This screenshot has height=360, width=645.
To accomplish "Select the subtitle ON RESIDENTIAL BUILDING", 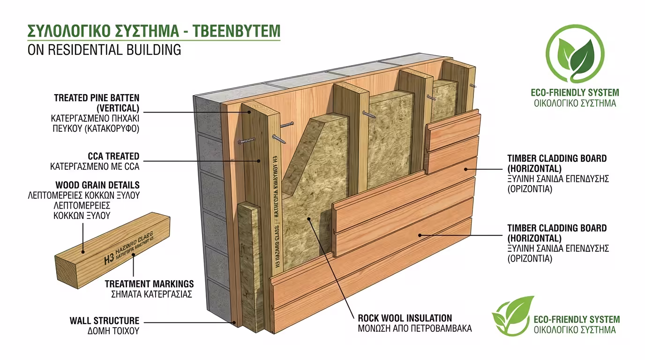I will point(104,49).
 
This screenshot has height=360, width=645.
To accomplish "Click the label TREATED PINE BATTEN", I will point(97,98).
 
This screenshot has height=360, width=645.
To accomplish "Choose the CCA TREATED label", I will point(113,156).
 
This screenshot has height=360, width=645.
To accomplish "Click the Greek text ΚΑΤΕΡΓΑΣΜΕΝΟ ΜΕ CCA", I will point(95,166).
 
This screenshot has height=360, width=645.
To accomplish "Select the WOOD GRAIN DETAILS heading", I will point(97,185).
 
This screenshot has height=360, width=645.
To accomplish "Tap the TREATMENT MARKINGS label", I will point(149,284).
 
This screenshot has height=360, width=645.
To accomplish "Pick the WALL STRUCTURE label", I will point(105,321).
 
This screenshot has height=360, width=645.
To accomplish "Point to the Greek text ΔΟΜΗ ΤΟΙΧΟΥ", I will point(113,331).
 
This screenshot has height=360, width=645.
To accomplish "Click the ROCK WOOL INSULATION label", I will point(405,318).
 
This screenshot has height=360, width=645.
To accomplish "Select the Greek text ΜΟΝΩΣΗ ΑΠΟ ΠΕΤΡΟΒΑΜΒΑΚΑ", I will point(414,329).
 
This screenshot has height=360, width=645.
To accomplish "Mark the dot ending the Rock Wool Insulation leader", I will point(309,218).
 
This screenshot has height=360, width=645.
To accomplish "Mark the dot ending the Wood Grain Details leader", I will point(83,252).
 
